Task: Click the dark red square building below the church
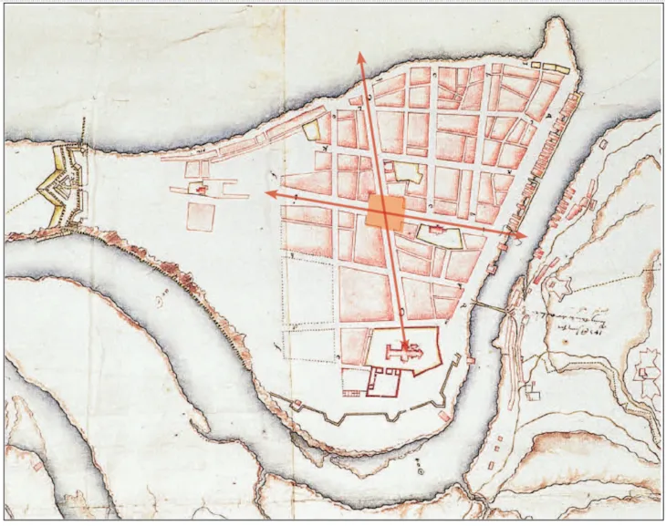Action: click(383, 384)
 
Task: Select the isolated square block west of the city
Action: click(201, 217)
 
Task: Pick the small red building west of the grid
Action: click(199, 189)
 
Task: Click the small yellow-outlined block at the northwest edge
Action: click(313, 129)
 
